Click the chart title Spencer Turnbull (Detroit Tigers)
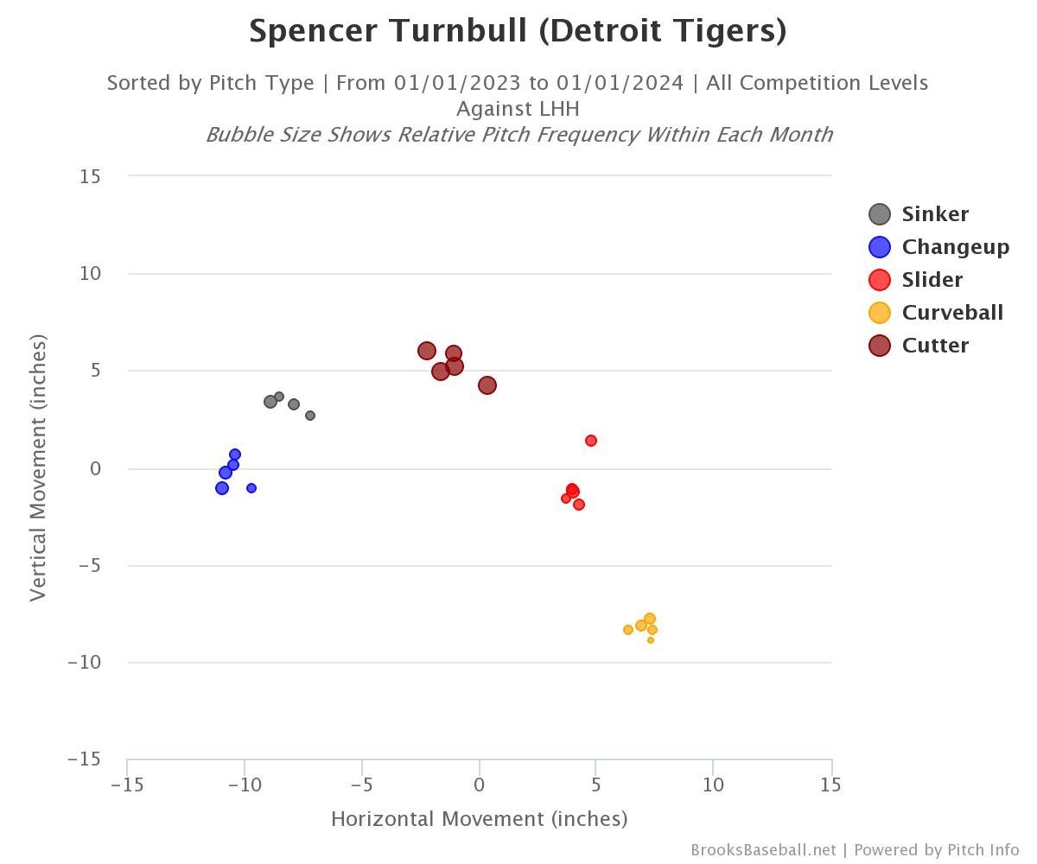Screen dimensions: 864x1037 (518, 31)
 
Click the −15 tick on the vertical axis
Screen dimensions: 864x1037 (84, 759)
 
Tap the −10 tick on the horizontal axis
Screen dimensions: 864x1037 (245, 785)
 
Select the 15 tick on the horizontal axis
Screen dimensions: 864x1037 (830, 785)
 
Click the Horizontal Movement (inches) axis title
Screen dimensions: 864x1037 (479, 819)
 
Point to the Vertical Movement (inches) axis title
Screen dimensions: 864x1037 (37, 467)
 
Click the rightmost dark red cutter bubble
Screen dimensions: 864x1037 (487, 385)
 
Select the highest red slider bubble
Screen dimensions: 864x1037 (591, 441)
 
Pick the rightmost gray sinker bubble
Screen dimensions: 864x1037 (310, 416)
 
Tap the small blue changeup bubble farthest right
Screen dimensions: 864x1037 (251, 488)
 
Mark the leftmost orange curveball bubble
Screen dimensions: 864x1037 (628, 630)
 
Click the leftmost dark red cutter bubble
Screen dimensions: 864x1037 (426, 351)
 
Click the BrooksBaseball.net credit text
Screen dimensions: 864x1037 (763, 850)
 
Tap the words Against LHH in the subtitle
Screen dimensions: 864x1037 (518, 109)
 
